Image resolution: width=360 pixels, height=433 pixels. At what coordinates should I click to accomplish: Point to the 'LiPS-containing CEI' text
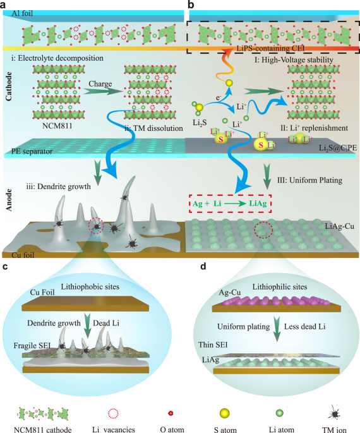[x=271, y=49]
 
